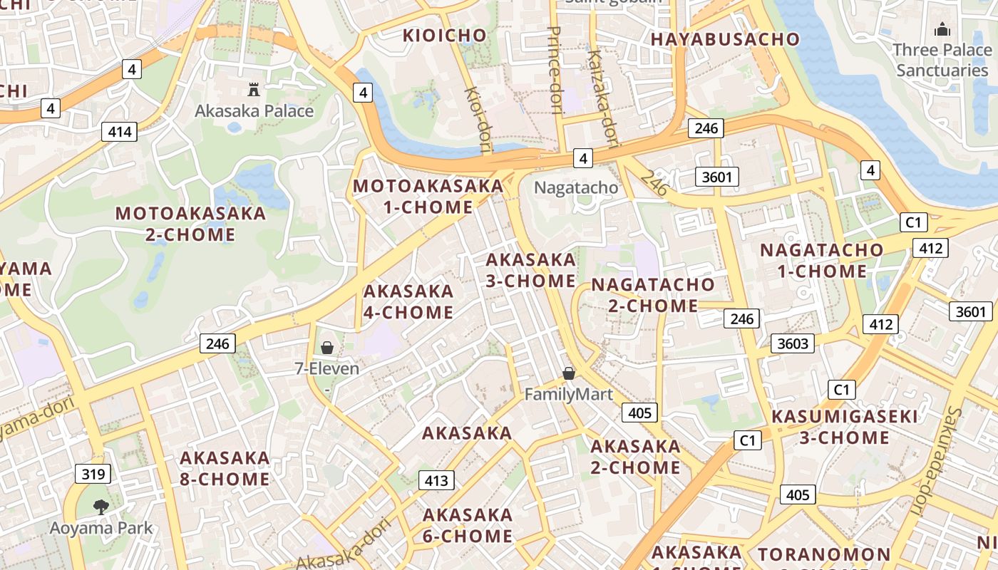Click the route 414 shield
coord(119,131)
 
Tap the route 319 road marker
coord(93,474)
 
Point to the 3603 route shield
coord(793,343)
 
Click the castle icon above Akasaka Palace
coord(253,90)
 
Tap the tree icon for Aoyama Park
coord(101,507)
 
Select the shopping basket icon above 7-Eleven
coord(327,348)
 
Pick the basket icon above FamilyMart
coord(569,373)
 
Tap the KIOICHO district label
coord(445,35)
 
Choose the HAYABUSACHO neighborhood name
coord(725,39)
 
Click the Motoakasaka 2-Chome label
coord(190,224)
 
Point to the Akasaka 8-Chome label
coord(225,468)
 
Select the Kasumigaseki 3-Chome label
coord(845,427)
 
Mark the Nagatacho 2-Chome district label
coord(653,295)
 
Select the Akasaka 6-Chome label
coord(468,525)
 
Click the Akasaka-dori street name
coord(345,544)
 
